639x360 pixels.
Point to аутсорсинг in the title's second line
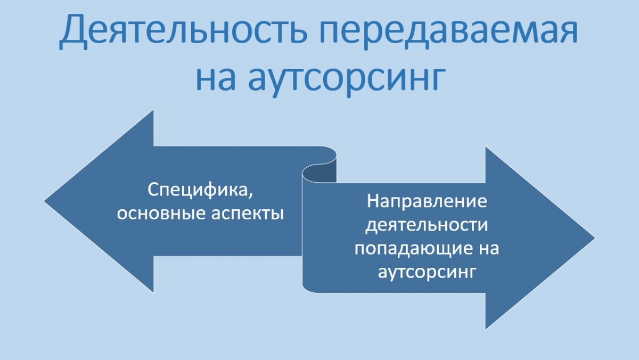coord(347,81)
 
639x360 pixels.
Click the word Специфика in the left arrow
coord(196,190)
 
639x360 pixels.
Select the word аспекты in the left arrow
coord(248,214)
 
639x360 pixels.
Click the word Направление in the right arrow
coord(427,201)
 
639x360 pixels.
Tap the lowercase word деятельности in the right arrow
coord(427,226)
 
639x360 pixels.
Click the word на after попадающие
coord(485,249)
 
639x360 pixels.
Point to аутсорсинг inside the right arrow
coord(427,273)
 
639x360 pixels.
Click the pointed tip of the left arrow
coord(45,201)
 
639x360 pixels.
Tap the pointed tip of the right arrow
coord(594,238)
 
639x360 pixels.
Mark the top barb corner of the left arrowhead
coord(154,110)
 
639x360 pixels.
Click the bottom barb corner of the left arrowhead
coord(154,293)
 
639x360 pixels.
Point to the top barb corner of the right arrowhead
coord(486,147)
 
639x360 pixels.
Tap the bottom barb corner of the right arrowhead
coord(486,329)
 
